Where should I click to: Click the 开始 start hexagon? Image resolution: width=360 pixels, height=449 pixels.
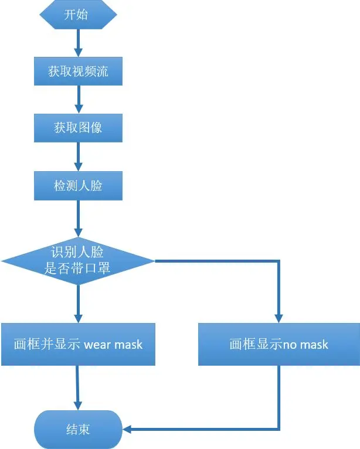(78, 15)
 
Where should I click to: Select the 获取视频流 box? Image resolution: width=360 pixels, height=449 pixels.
(78, 72)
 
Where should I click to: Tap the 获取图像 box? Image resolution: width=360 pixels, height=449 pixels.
(78, 128)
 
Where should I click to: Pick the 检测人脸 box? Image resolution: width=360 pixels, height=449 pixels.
(78, 186)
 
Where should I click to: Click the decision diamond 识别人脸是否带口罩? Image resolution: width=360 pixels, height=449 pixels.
(78, 260)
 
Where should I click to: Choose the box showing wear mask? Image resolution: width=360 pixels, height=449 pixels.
(78, 344)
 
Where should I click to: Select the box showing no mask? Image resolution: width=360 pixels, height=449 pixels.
(279, 344)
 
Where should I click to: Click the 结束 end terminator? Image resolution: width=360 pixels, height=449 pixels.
(78, 430)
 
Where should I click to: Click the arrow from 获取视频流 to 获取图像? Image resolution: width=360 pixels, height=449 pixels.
(78, 99)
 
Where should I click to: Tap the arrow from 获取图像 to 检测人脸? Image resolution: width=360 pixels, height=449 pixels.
(78, 157)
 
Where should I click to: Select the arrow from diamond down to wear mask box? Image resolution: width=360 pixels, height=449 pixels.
(78, 304)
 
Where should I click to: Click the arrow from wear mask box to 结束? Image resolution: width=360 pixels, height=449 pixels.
(77, 387)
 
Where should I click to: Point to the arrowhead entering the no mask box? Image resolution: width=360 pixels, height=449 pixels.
(279, 317)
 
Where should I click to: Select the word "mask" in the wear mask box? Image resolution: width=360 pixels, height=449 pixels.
(128, 345)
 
